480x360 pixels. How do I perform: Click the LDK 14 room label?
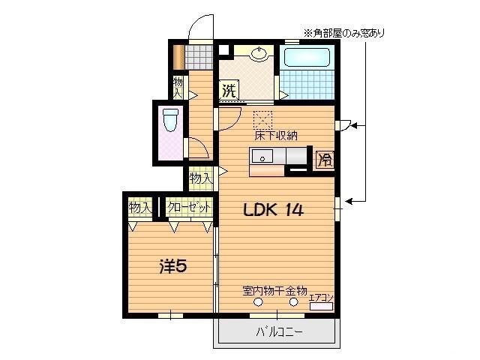(x=272, y=211)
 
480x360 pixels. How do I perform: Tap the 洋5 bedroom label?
(x=172, y=265)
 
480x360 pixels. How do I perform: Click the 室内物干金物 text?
(x=274, y=289)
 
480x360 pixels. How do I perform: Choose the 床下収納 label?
(x=276, y=136)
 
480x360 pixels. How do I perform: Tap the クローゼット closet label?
(x=188, y=207)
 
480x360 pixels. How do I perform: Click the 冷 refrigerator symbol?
(x=325, y=159)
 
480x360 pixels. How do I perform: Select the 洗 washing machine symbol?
(x=228, y=92)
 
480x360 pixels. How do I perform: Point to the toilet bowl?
(x=170, y=120)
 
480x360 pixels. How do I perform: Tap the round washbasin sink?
(x=259, y=53)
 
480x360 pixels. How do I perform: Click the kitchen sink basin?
(x=263, y=157)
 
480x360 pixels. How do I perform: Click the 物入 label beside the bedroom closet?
(x=140, y=207)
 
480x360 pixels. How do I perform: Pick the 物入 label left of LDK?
(x=200, y=178)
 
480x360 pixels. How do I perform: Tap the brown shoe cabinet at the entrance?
(x=178, y=57)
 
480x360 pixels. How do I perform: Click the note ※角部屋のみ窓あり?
(x=343, y=32)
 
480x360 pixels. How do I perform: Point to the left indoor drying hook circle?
(x=259, y=301)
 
